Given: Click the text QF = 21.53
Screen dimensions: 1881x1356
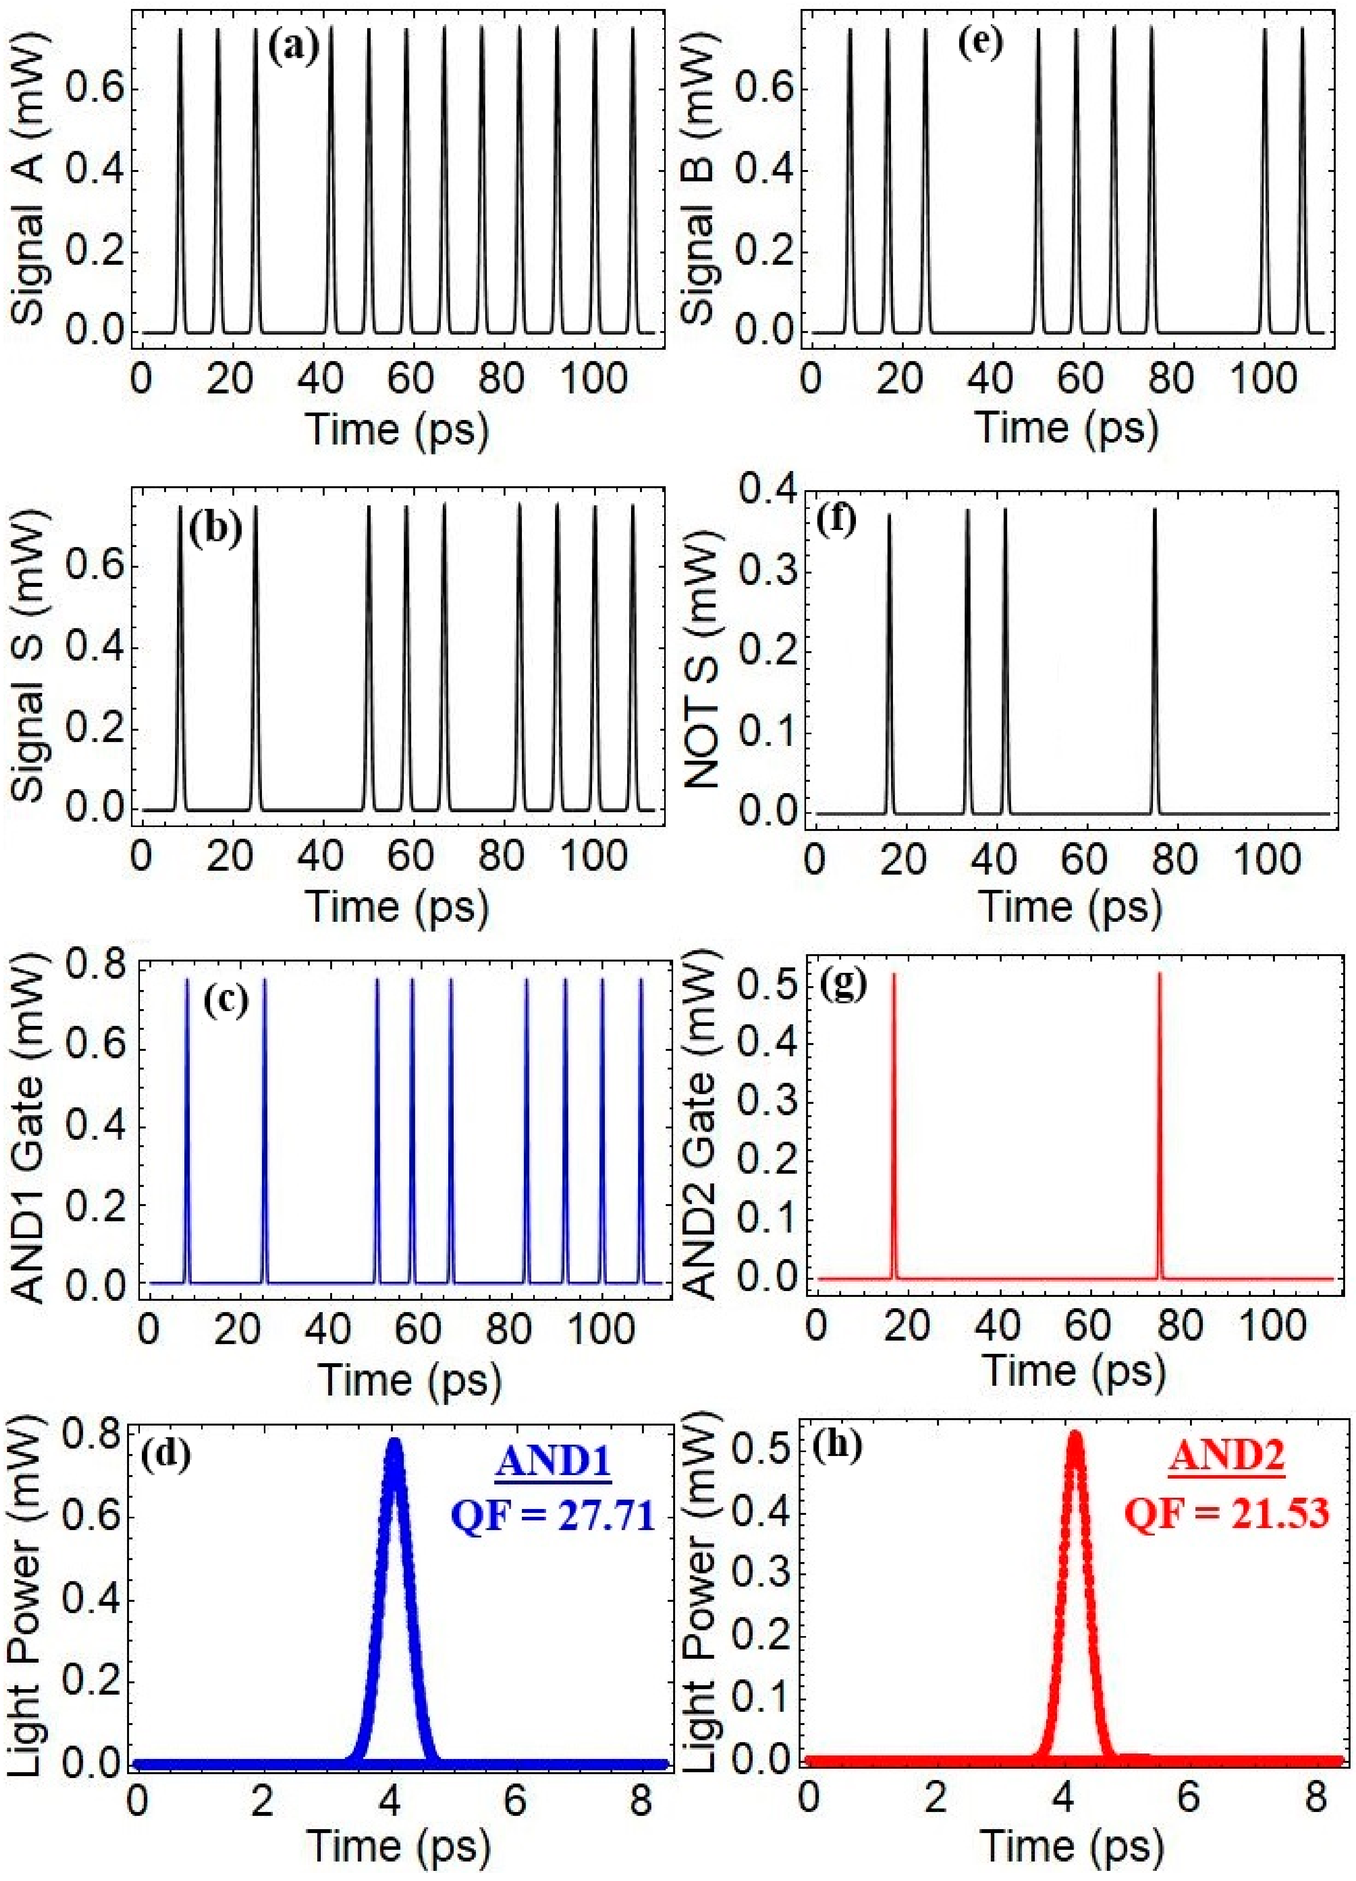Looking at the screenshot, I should pos(1227,1514).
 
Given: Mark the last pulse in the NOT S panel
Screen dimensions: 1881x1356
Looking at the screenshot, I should pos(1154,664).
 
